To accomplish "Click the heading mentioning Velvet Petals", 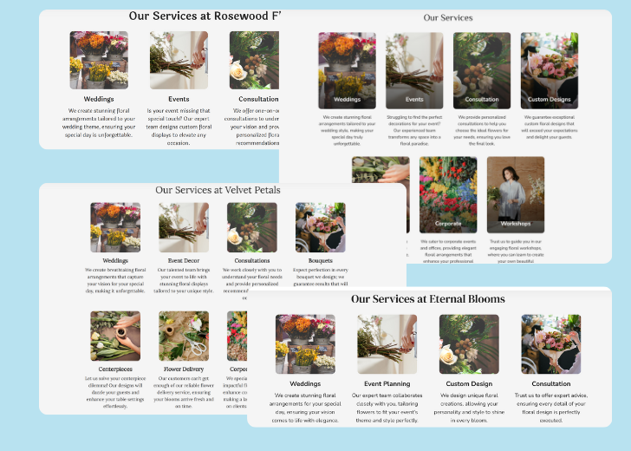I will (x=218, y=189).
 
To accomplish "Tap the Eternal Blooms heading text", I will (x=428, y=299).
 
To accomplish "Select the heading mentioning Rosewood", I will (x=204, y=16).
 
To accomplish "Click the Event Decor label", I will (x=184, y=260).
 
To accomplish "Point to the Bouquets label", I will (x=320, y=260).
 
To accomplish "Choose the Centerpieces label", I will (x=115, y=369).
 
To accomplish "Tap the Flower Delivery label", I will (x=184, y=369).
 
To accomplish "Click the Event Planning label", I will (x=387, y=383).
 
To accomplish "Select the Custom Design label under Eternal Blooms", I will (x=469, y=383).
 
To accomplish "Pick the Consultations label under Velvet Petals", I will (x=252, y=260).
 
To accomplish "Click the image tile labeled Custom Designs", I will (x=550, y=71).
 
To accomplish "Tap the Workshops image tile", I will (x=516, y=194).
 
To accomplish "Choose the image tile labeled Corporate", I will (x=448, y=194).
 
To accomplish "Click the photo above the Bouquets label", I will (x=320, y=227).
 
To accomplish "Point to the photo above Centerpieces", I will (x=115, y=337).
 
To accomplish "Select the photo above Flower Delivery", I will (x=184, y=337).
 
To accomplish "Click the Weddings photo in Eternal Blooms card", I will (x=305, y=344).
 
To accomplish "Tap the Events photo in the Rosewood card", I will (x=179, y=61).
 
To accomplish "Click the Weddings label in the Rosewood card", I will (x=99, y=99).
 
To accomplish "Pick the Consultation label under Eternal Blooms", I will (x=550, y=383).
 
